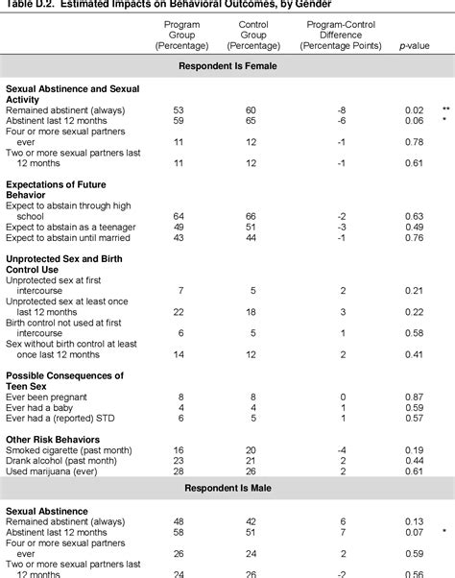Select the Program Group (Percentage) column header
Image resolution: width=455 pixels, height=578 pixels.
(x=181, y=34)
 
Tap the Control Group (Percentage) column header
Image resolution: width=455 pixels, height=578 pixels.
(x=251, y=34)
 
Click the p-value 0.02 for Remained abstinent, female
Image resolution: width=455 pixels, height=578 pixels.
(x=414, y=111)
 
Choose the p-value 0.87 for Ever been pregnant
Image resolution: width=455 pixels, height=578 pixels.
(x=414, y=397)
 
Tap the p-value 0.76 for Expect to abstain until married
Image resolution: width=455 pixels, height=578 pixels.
(x=414, y=238)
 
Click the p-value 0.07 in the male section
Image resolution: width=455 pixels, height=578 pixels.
(x=414, y=532)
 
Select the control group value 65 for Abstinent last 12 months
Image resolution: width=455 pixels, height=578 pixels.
(x=251, y=122)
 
